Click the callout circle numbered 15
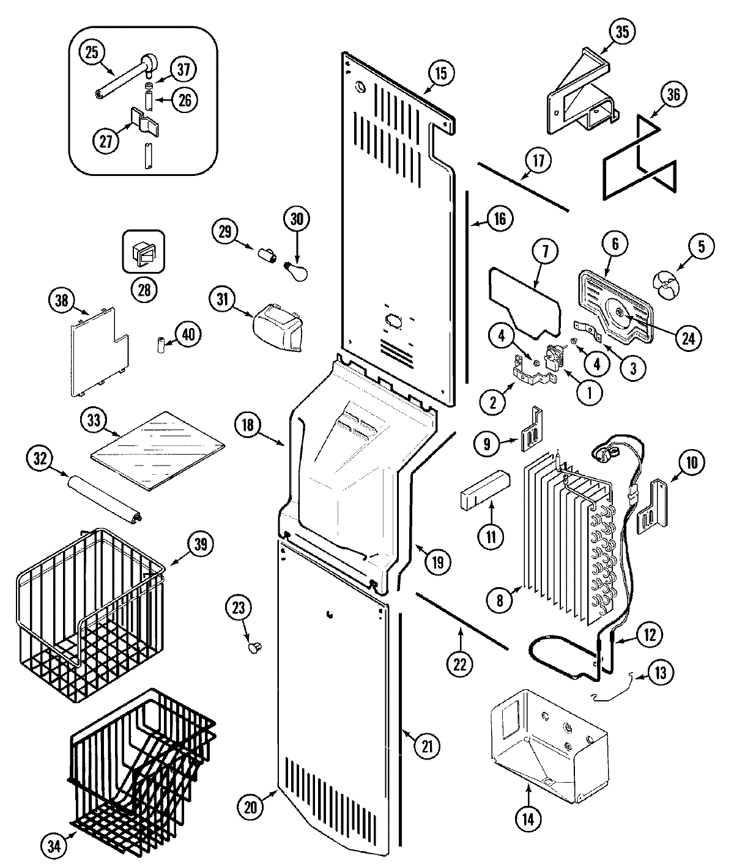[x=441, y=73]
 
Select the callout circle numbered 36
[x=673, y=94]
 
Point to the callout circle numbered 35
[x=622, y=32]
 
